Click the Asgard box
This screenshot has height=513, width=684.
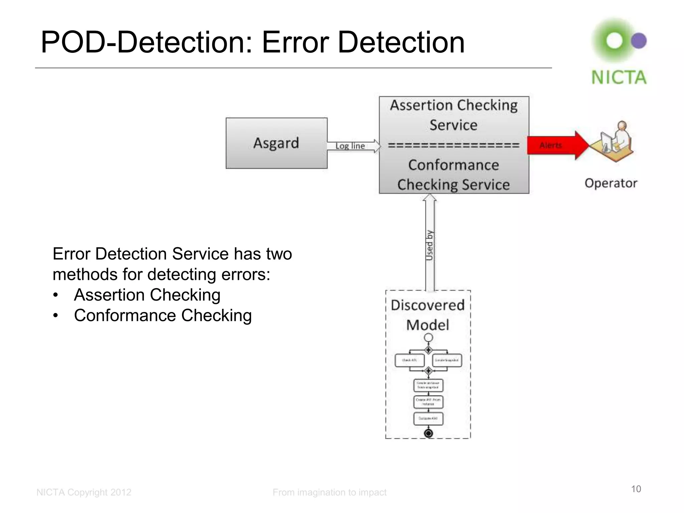(x=276, y=143)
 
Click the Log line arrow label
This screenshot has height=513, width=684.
(x=350, y=146)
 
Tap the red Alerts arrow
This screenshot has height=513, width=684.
(x=554, y=145)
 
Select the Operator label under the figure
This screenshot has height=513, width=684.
(x=611, y=183)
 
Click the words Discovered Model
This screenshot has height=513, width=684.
(x=427, y=315)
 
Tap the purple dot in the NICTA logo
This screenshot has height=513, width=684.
(x=639, y=41)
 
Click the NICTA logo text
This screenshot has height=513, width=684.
(x=619, y=77)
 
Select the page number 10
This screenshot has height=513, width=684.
(x=636, y=489)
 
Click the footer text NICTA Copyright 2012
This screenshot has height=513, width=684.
(x=84, y=492)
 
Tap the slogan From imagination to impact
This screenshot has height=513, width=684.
(x=329, y=492)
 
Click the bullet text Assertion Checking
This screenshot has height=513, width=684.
(x=147, y=295)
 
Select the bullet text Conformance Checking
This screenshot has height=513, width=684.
(x=163, y=315)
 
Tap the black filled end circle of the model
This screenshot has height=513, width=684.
(x=428, y=433)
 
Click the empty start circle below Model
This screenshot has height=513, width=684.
(x=428, y=338)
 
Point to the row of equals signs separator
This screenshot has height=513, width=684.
(x=454, y=145)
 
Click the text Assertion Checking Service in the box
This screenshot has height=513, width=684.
(x=454, y=115)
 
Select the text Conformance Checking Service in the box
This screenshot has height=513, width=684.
(x=454, y=175)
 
